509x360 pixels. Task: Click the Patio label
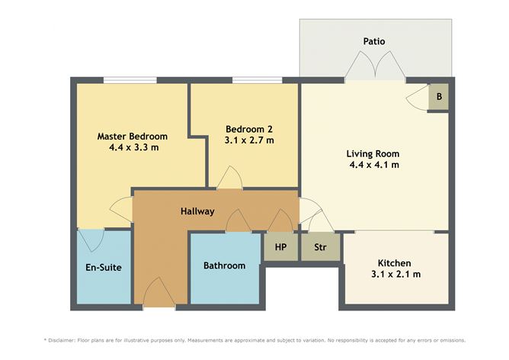tap(374, 41)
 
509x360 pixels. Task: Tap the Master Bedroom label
tap(133, 137)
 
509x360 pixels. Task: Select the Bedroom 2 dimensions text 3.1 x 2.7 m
tap(249, 140)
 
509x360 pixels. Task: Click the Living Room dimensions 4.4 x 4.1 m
tap(374, 164)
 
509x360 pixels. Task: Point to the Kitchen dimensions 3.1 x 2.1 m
tap(395, 275)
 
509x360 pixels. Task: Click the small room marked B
tap(439, 98)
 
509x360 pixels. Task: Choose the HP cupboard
tap(280, 247)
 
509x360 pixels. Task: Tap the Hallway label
tap(197, 211)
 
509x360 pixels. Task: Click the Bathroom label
tap(225, 265)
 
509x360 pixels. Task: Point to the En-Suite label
tap(104, 267)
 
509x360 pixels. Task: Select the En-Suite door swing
tap(92, 240)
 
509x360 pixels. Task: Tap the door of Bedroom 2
tap(229, 180)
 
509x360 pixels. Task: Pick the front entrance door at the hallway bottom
tap(158, 294)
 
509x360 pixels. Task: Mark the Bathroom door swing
tap(238, 221)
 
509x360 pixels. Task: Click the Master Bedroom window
tap(130, 80)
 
